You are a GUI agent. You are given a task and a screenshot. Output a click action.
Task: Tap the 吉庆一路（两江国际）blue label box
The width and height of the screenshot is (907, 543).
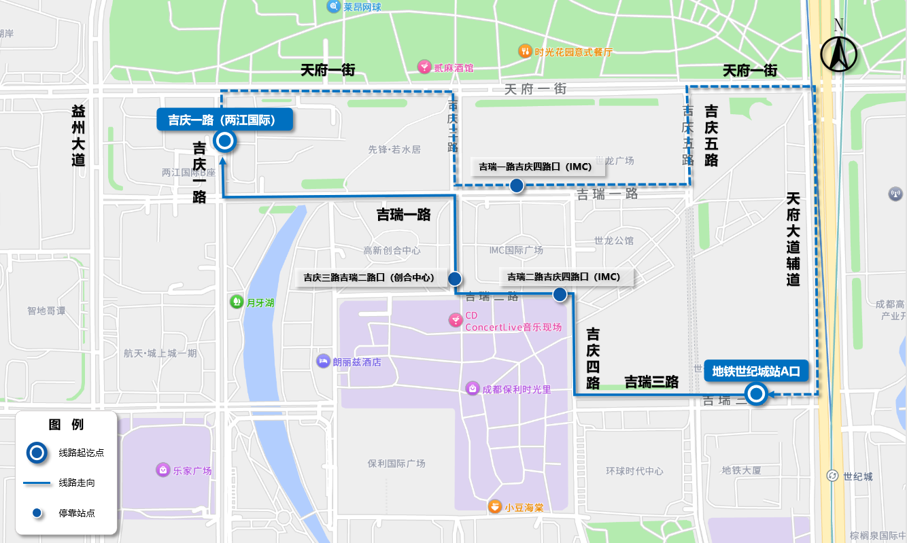(x=224, y=120)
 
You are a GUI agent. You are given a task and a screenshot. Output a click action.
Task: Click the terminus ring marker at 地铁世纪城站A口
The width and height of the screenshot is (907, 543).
(x=755, y=394)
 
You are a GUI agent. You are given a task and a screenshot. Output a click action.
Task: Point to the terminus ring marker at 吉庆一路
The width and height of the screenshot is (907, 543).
(x=224, y=141)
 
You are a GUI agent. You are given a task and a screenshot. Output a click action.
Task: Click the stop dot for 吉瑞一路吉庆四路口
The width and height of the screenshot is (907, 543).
(x=517, y=186)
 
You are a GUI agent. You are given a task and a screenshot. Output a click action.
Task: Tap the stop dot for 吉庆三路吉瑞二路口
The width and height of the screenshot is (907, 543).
(x=455, y=278)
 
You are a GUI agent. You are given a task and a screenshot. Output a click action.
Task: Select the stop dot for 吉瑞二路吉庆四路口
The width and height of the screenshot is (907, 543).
(x=560, y=294)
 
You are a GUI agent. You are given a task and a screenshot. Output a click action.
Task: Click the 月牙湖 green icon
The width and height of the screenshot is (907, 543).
(x=236, y=301)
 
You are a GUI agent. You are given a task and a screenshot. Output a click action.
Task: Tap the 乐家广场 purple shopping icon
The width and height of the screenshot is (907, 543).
(x=162, y=470)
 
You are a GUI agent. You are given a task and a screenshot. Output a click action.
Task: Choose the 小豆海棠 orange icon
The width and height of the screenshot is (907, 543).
(x=495, y=507)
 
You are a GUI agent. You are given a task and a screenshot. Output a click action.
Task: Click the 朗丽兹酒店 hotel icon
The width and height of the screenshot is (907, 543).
(x=323, y=361)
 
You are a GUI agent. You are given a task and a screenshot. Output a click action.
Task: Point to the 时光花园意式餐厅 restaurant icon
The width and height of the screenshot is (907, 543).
(x=524, y=51)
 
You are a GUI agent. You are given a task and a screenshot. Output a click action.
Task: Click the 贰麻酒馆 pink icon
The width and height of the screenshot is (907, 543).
(x=424, y=67)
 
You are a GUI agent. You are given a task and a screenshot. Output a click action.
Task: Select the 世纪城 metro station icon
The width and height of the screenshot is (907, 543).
(x=831, y=476)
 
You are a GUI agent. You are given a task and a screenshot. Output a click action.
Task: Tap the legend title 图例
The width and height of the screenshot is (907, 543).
(x=67, y=425)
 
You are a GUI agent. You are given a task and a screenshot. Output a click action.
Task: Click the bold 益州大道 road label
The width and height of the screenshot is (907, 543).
(x=79, y=136)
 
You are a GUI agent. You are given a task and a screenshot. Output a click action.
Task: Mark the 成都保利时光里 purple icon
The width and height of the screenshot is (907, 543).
(x=472, y=388)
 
